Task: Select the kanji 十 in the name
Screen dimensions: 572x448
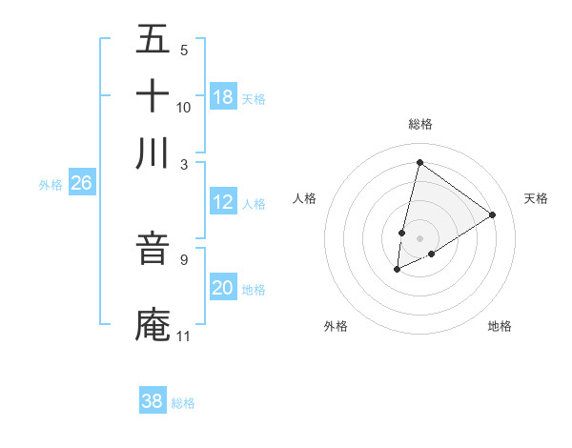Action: (x=153, y=97)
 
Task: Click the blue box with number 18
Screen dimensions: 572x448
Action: (x=223, y=97)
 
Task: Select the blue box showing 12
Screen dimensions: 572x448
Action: (x=223, y=202)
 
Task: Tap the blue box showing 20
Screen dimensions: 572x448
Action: (x=223, y=288)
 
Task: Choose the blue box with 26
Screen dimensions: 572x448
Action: (x=81, y=183)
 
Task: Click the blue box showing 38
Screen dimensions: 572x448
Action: (x=153, y=401)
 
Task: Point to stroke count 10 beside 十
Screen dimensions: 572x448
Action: (x=184, y=107)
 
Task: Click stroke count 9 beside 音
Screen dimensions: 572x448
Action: (x=183, y=258)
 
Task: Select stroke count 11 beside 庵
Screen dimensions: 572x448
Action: (x=184, y=336)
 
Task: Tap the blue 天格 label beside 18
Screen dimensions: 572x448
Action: (x=254, y=99)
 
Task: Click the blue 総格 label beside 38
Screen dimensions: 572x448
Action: (x=183, y=403)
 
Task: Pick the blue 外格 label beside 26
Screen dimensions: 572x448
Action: (x=51, y=185)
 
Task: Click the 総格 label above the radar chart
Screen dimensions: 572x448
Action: (x=419, y=124)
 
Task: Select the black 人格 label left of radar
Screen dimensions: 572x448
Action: (x=305, y=198)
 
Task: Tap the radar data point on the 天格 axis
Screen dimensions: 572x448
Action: (x=492, y=215)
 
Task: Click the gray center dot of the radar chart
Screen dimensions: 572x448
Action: (x=419, y=238)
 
